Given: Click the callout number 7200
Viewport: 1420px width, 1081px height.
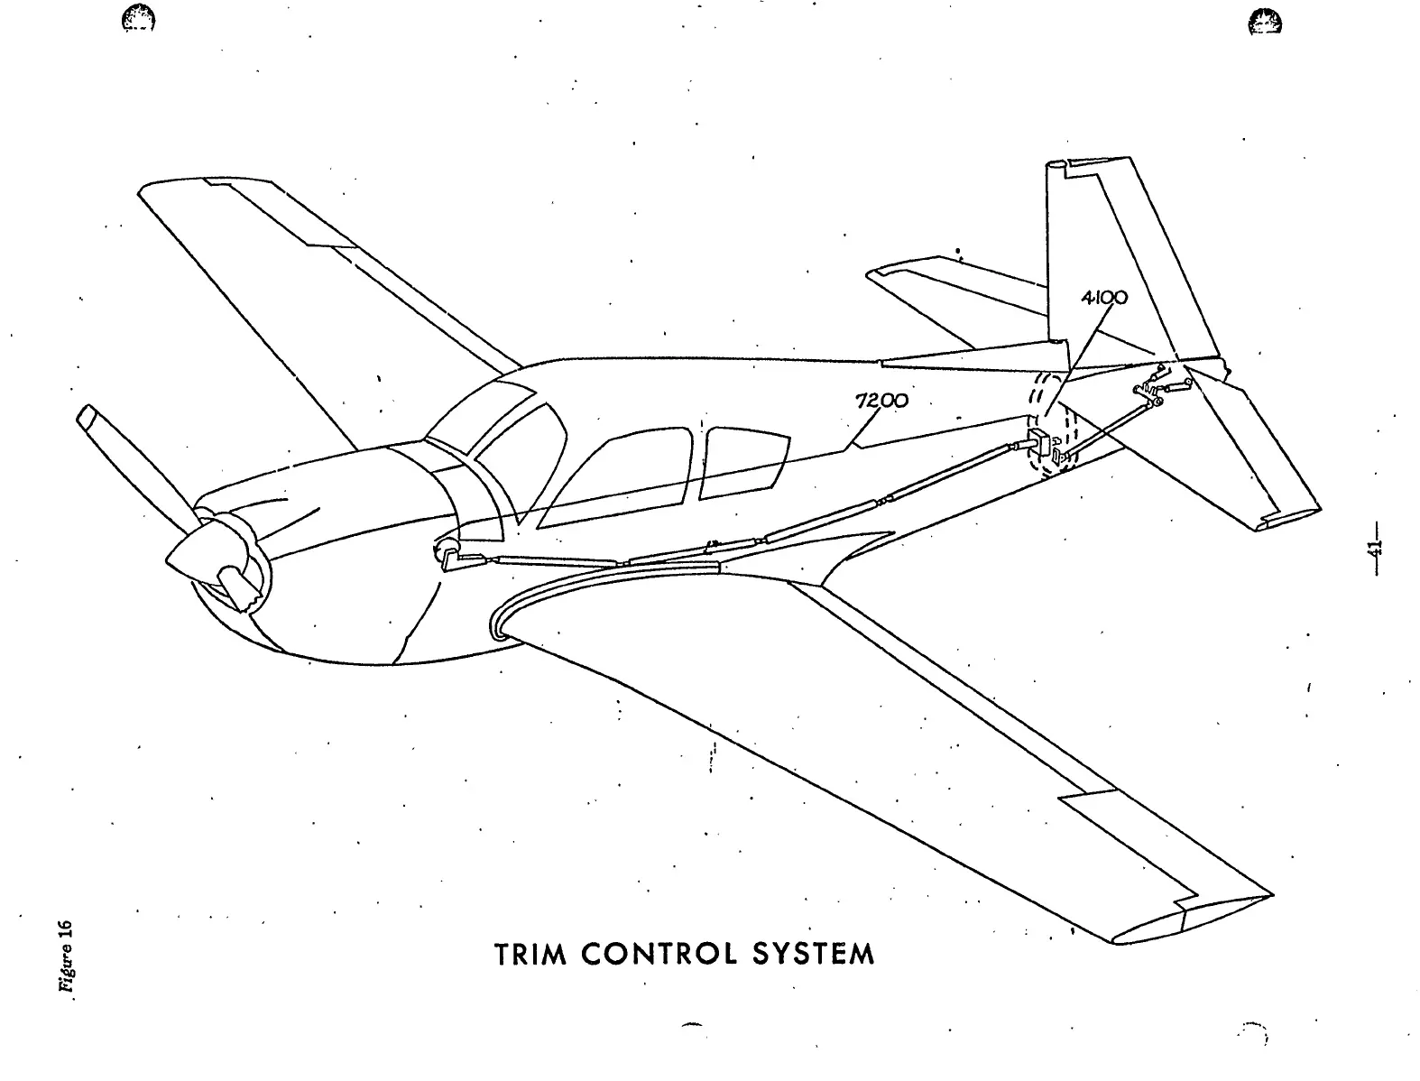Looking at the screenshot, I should click(x=881, y=402).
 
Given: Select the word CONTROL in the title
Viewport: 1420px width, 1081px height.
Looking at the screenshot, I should click(x=649, y=954).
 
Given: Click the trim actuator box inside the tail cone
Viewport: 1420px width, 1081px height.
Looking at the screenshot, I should click(x=1037, y=445).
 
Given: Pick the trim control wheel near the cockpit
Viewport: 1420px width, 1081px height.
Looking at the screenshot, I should click(x=446, y=551).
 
